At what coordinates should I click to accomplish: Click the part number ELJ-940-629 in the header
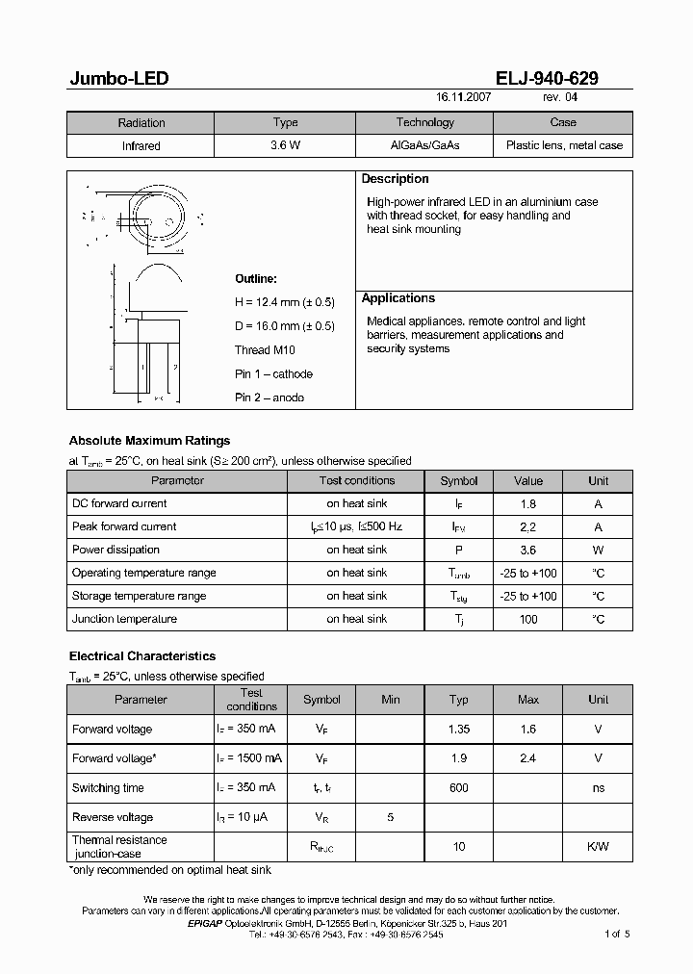542,79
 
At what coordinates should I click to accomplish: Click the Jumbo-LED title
118,79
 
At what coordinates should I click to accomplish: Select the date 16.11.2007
465,98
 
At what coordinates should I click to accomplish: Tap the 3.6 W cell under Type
285,146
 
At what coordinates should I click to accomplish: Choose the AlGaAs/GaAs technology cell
424,146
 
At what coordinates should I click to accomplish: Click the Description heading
395,179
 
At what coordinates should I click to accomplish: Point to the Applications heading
398,298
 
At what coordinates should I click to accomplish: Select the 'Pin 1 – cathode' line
273,374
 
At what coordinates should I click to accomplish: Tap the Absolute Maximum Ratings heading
149,441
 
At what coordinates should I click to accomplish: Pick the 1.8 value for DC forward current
528,503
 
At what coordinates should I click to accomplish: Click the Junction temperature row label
124,619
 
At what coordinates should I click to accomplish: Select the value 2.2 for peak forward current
528,526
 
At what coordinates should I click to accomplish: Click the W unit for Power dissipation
598,550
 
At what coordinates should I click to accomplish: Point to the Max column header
528,700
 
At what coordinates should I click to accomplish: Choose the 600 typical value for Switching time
459,788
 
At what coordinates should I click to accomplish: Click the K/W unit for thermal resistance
598,847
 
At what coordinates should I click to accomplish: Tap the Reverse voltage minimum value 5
390,817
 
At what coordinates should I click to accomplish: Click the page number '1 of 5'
617,934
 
